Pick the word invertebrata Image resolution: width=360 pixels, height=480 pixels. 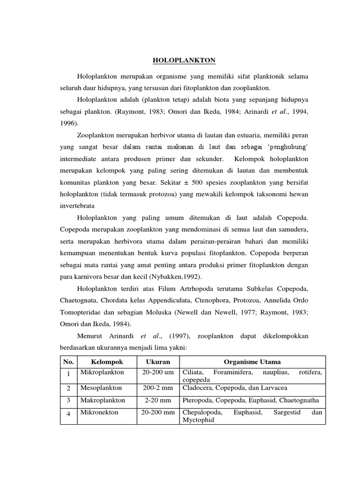tap(77, 206)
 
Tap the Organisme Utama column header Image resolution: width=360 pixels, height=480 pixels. tap(252, 362)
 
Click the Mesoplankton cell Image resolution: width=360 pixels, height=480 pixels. tap(100, 388)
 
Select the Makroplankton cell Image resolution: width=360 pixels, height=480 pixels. tap(102, 401)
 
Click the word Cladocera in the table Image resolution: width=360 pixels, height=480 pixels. tap(196, 388)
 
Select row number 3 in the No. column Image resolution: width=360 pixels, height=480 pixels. tap(68, 401)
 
